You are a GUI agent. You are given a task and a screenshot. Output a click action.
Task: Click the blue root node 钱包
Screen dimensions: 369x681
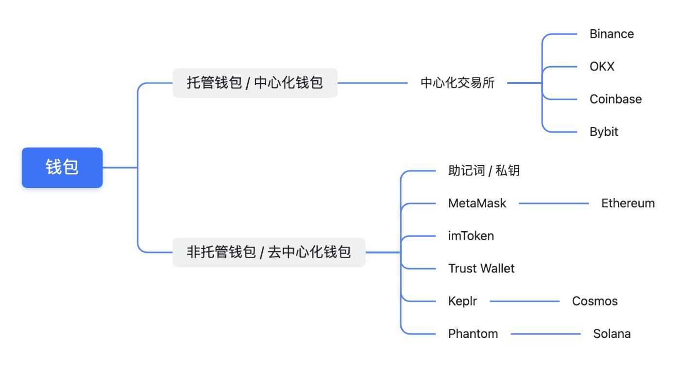[x=62, y=168]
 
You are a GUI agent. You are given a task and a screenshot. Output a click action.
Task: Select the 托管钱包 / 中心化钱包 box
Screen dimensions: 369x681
[x=255, y=83]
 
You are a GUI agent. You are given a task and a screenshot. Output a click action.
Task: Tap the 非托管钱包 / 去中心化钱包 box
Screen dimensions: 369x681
[x=269, y=252]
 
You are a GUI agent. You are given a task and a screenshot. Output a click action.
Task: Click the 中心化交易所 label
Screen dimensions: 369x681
[x=457, y=83]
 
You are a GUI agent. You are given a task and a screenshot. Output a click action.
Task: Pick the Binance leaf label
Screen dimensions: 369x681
[x=612, y=34]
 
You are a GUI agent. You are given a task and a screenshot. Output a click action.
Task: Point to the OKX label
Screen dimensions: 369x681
[x=602, y=67]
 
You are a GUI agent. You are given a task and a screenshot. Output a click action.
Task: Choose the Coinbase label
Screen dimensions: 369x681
[x=615, y=99]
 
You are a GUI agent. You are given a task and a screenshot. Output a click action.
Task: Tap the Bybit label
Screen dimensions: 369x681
[x=604, y=132]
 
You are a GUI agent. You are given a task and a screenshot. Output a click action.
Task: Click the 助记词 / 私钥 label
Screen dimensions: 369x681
[x=484, y=171]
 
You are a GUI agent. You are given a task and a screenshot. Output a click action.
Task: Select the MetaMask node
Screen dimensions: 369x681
[x=477, y=203]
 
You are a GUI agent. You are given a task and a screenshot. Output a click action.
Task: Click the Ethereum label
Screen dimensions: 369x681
[x=628, y=203]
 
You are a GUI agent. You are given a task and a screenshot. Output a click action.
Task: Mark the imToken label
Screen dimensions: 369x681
[x=471, y=236]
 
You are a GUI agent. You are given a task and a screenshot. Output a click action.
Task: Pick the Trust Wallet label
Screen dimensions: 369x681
[x=481, y=268]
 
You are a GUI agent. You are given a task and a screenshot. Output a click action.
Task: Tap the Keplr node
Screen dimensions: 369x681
[x=462, y=301]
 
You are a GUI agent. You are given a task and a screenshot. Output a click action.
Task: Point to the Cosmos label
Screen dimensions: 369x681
[x=595, y=301]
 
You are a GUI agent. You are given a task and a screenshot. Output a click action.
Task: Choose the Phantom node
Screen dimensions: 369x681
[x=473, y=334]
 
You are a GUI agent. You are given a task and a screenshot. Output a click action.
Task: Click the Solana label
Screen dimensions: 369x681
[x=612, y=334]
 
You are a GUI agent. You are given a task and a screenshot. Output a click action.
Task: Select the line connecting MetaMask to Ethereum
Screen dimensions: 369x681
[x=554, y=203]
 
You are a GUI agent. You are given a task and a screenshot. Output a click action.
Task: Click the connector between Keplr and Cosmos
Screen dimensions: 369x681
[x=525, y=301]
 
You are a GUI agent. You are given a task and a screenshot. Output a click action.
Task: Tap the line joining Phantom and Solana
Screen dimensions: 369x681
[x=545, y=334]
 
